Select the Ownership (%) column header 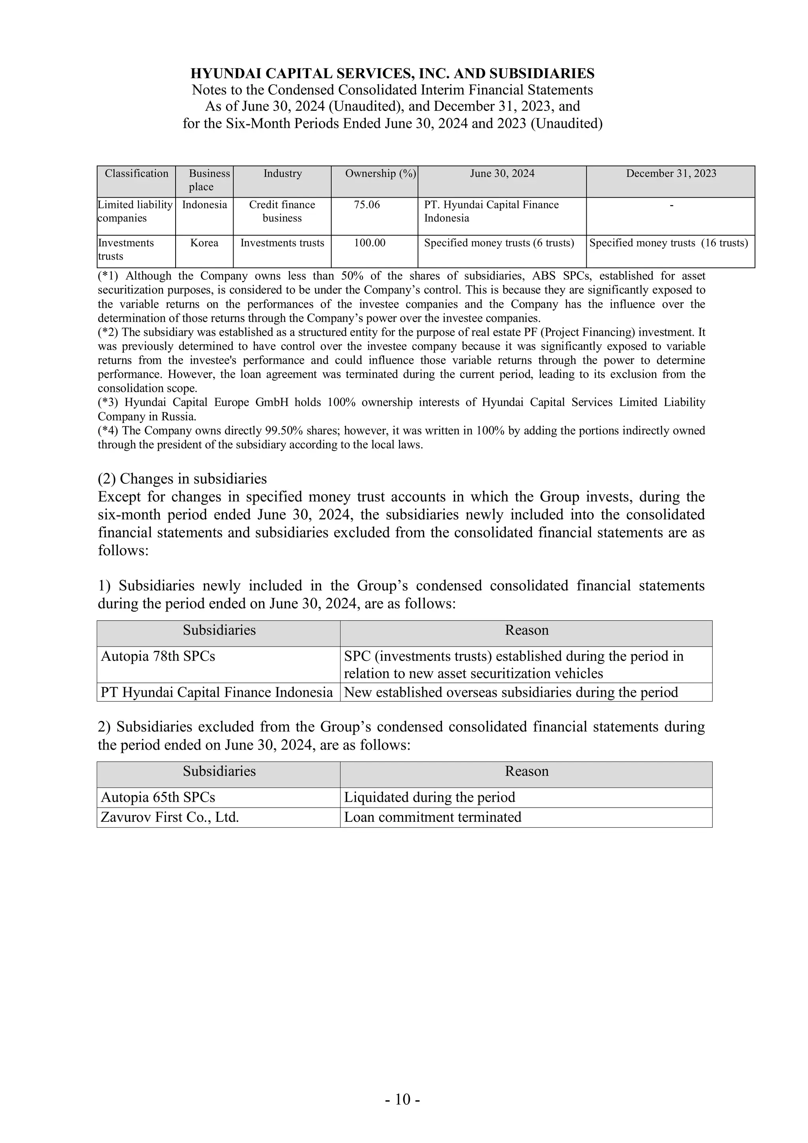[x=380, y=174]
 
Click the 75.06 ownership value [x=367, y=205]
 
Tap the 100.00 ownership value [x=369, y=243]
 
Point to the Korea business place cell [x=204, y=243]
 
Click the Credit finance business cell [x=282, y=211]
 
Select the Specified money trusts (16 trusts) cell [x=669, y=243]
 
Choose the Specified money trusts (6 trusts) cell [x=499, y=243]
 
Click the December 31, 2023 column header [x=671, y=174]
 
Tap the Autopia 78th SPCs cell [x=158, y=657]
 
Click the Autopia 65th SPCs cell [x=158, y=797]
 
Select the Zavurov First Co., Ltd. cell [x=170, y=817]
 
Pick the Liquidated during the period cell [x=429, y=797]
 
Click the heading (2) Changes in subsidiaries [x=182, y=479]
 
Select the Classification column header [x=137, y=174]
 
